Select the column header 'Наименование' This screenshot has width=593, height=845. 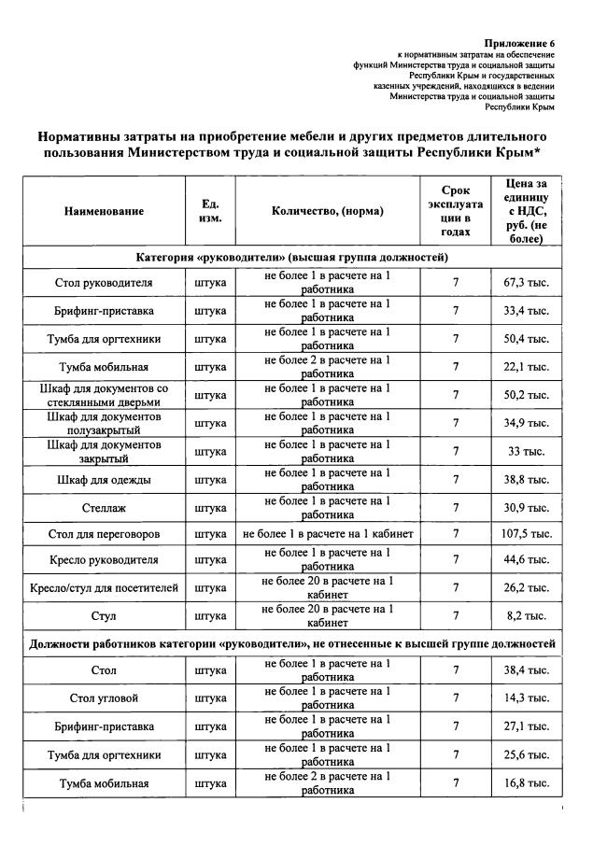[x=104, y=211]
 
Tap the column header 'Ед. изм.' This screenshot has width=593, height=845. [x=210, y=211]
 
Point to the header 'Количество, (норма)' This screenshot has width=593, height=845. [x=328, y=211]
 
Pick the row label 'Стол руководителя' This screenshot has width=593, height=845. [x=104, y=282]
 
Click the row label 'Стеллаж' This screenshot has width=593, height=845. [x=104, y=507]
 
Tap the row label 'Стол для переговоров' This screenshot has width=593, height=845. [x=104, y=534]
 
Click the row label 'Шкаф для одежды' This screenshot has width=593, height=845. [x=104, y=480]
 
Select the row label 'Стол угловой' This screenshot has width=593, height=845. [x=104, y=698]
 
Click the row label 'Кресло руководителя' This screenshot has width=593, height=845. [x=104, y=560]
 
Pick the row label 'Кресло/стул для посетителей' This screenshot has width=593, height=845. [x=104, y=588]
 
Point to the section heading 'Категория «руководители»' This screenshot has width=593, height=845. [x=291, y=256]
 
